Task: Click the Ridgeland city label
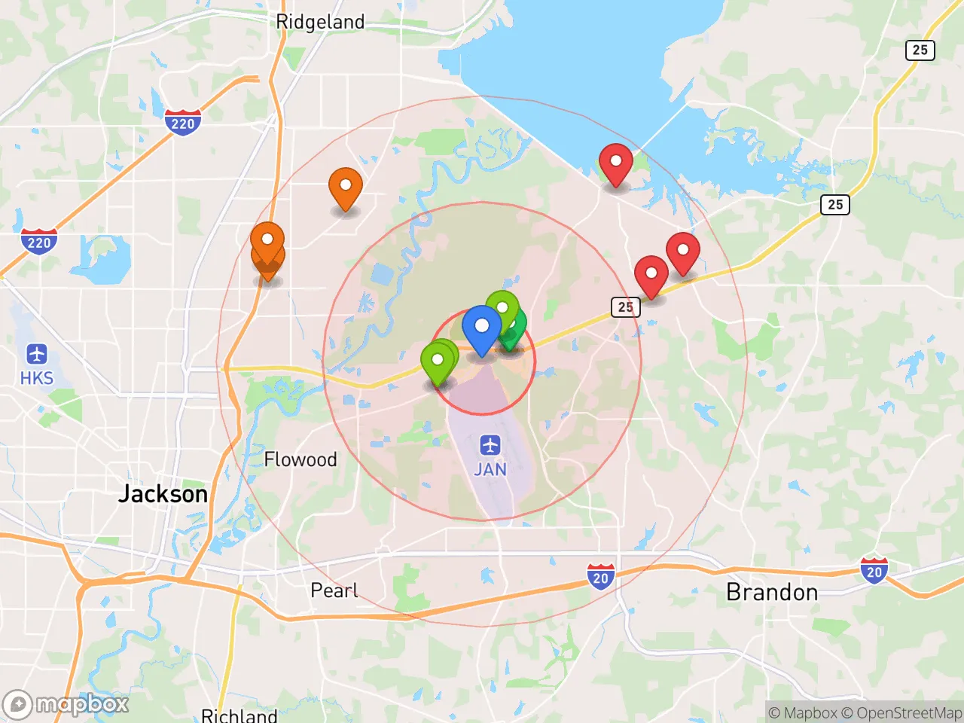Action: coord(320,22)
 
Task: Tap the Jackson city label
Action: coord(163,494)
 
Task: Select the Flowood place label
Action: coord(300,459)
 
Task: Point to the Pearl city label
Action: coord(334,590)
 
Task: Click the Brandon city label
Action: coord(772,593)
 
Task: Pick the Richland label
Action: coord(239,715)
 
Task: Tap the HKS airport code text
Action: coord(36,378)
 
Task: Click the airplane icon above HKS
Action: coord(36,353)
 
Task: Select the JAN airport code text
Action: coord(490,469)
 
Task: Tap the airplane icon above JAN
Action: coord(490,445)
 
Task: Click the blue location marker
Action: coord(481,328)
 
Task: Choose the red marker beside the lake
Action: coord(615,163)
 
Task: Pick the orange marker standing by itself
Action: coord(345,187)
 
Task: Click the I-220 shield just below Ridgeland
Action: coord(182,123)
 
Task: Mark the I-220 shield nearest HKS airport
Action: coord(38,242)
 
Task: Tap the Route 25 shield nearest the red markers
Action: coord(625,307)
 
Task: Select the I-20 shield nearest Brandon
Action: coord(874,571)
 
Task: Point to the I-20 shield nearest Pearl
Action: coord(600,577)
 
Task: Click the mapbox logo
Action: coord(66,705)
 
